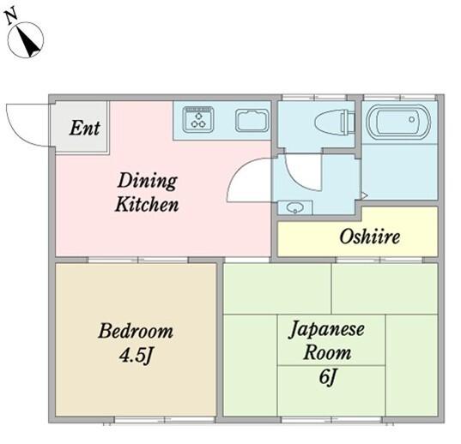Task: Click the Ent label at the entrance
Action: point(85,128)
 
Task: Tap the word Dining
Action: point(147,181)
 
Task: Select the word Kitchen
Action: point(147,204)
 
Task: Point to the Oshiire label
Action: point(369,237)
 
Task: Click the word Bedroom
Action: point(136,331)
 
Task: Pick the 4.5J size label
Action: point(136,356)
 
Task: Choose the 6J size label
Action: point(327,376)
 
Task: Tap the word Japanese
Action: point(326,329)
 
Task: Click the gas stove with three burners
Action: point(198,119)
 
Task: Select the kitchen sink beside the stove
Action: point(252,120)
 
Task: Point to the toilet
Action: point(335,122)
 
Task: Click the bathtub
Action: point(398,122)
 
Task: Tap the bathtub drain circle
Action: point(411,119)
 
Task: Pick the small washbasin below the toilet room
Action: point(295,207)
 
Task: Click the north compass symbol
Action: point(26,40)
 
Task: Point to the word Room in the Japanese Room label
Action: point(327,352)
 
